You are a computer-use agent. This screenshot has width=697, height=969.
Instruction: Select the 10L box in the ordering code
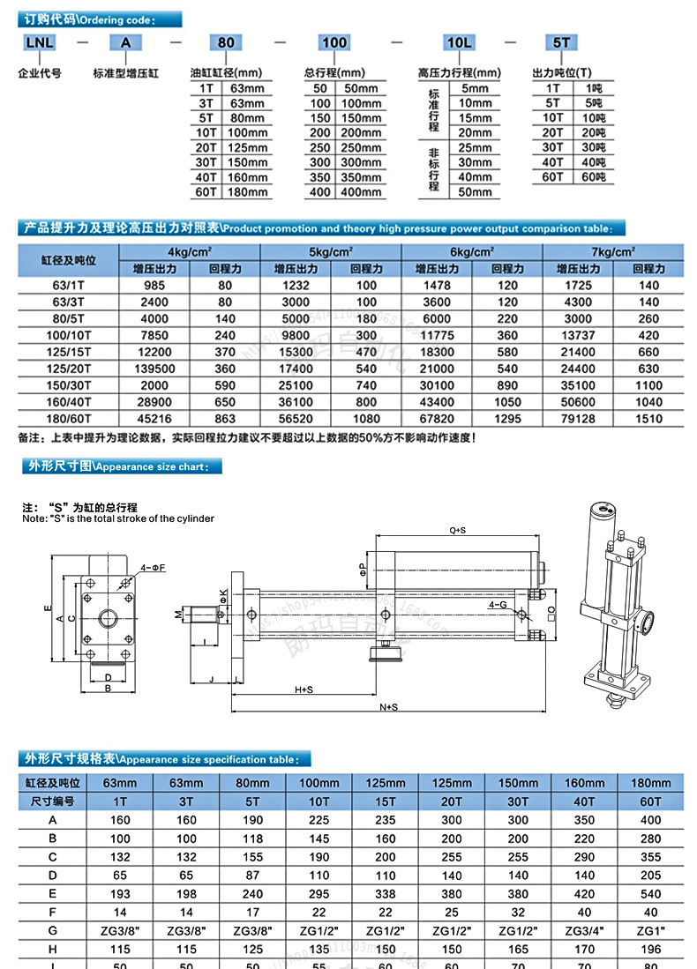[459, 42]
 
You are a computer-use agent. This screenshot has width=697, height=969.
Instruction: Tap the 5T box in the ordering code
[561, 42]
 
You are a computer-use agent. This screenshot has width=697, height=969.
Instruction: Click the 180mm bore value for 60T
[248, 192]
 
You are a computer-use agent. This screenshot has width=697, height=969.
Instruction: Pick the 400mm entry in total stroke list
[361, 192]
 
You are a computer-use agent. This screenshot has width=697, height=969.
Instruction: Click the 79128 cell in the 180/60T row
[578, 419]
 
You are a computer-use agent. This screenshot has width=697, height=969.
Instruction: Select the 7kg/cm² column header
[613, 252]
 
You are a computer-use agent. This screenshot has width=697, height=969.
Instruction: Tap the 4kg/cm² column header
[191, 252]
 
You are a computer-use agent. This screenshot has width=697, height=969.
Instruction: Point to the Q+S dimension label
[457, 531]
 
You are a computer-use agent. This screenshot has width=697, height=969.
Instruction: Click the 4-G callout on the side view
[498, 607]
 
